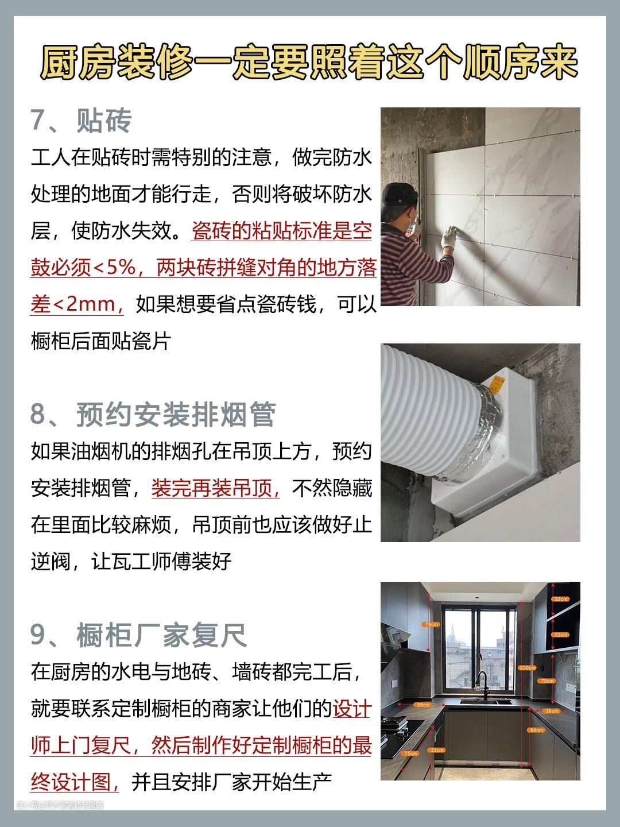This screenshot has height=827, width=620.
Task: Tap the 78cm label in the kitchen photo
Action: click(x=431, y=625)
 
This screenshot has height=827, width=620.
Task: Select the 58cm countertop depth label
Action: click(x=423, y=705)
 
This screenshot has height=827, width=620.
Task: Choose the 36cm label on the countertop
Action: click(x=552, y=711)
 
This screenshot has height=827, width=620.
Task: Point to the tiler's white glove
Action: click(x=449, y=237)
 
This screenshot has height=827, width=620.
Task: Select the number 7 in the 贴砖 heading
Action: click(x=38, y=121)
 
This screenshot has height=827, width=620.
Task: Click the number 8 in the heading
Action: click(x=38, y=415)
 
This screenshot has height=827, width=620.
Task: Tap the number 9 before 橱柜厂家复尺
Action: click(x=38, y=635)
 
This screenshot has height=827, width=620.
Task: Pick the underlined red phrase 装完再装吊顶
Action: click(x=215, y=488)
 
